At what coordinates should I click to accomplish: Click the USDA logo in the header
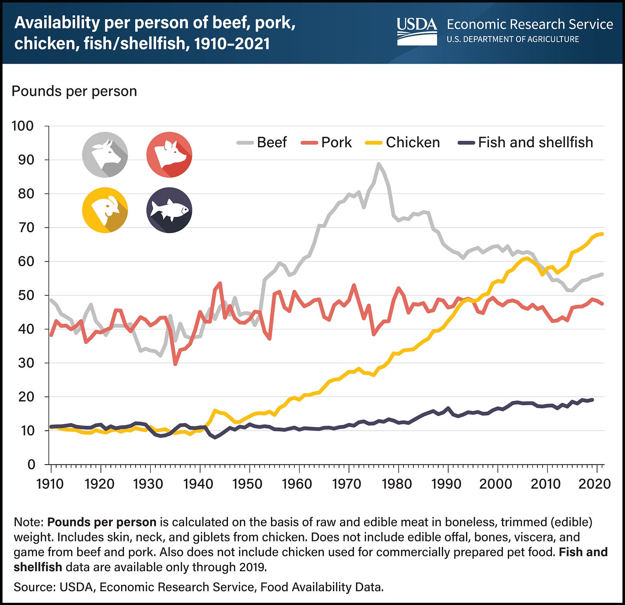pyautogui.click(x=416, y=31)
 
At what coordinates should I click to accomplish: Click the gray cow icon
pyautogui.click(x=105, y=155)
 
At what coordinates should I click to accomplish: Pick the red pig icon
pyautogui.click(x=169, y=155)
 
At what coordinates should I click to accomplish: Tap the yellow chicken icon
pyautogui.click(x=105, y=210)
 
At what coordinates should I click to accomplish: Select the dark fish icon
pyautogui.click(x=169, y=210)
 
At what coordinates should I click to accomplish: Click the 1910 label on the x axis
pyautogui.click(x=51, y=483)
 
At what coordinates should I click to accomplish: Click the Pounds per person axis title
pyautogui.click(x=74, y=91)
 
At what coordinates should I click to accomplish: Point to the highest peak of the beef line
pyautogui.click(x=378, y=164)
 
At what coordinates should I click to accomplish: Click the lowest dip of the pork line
pyautogui.click(x=175, y=364)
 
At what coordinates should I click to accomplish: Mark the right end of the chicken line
pyautogui.click(x=603, y=234)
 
